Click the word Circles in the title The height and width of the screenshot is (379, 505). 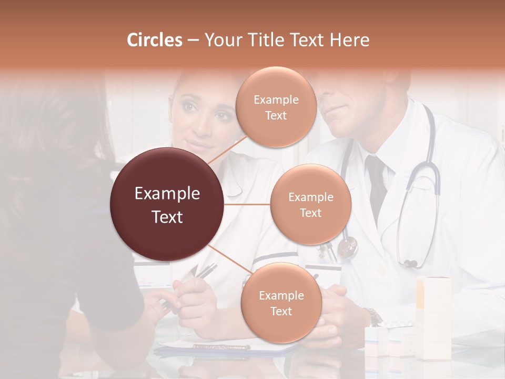click(x=155, y=40)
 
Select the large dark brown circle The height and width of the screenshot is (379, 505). click(x=167, y=204)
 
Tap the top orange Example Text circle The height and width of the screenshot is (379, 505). click(x=276, y=107)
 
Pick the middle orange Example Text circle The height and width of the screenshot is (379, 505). click(x=310, y=204)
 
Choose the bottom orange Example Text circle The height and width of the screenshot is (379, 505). click(x=281, y=303)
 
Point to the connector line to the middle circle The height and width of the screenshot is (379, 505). click(x=247, y=204)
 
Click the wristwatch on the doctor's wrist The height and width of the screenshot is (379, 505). click(x=374, y=317)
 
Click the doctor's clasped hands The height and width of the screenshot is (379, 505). click(x=337, y=316)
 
